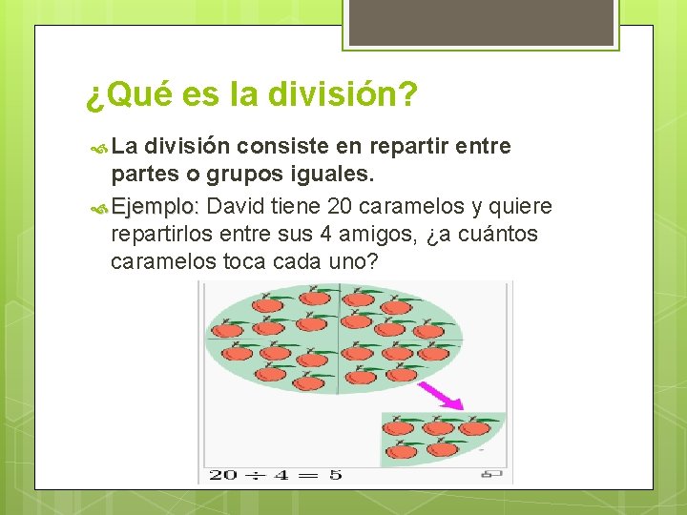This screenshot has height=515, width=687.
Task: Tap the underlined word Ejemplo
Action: tap(153, 207)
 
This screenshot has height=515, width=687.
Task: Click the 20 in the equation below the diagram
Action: tap(223, 474)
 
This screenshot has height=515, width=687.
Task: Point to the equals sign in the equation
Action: tap(310, 474)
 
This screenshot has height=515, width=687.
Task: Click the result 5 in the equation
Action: tap(335, 474)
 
